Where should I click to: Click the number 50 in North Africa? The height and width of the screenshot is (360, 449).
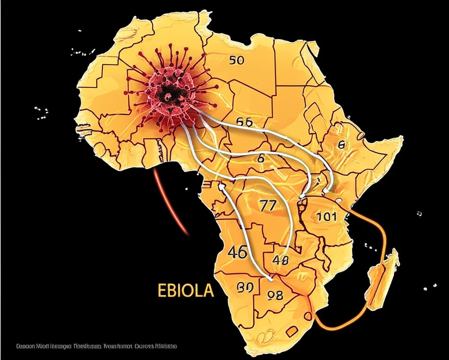pyautogui.click(x=237, y=60)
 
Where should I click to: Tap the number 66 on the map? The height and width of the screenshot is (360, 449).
pyautogui.click(x=244, y=122)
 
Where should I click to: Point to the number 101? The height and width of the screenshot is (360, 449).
pyautogui.click(x=326, y=216)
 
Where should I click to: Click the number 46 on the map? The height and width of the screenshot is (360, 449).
pyautogui.click(x=237, y=252)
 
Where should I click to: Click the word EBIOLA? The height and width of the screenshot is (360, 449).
pyautogui.click(x=186, y=291)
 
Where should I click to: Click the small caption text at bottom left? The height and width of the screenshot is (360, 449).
pyautogui.click(x=96, y=346)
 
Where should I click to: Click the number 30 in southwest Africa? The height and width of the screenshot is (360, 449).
pyautogui.click(x=245, y=287)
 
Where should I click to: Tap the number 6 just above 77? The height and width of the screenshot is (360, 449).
pyautogui.click(x=261, y=158)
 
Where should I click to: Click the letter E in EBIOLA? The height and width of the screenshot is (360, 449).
pyautogui.click(x=162, y=291)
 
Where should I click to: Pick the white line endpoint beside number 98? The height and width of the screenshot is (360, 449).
pyautogui.click(x=270, y=278)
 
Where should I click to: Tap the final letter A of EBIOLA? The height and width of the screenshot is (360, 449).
pyautogui.click(x=208, y=291)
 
